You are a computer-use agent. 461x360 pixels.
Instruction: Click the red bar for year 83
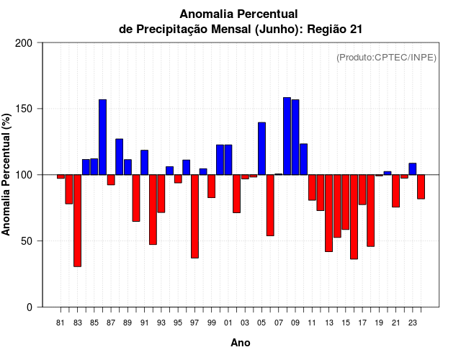(77, 220)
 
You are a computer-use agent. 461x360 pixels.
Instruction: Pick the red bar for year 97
(194, 216)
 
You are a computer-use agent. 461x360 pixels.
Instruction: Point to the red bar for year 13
(328, 213)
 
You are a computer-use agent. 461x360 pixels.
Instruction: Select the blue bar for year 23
(412, 169)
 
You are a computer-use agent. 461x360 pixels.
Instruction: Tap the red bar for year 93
(161, 194)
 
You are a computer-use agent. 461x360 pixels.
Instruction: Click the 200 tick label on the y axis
(24, 43)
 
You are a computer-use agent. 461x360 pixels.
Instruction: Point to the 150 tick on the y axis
(24, 109)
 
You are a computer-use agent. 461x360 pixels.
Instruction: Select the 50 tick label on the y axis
(27, 241)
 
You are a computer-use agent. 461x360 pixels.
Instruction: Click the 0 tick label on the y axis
(30, 307)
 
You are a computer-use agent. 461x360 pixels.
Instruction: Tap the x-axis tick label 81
(61, 323)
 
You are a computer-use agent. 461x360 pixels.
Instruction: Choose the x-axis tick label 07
(278, 323)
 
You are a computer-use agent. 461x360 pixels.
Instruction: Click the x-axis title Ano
(241, 343)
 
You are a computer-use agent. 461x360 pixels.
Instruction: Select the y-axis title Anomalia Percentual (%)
(7, 174)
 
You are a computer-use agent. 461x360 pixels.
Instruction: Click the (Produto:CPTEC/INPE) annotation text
(386, 57)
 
